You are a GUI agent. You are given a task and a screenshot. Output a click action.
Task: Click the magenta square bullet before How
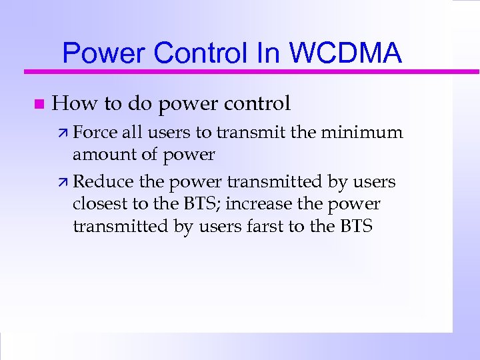(x=38, y=104)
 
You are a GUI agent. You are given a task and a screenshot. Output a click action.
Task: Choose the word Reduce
(x=97, y=181)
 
